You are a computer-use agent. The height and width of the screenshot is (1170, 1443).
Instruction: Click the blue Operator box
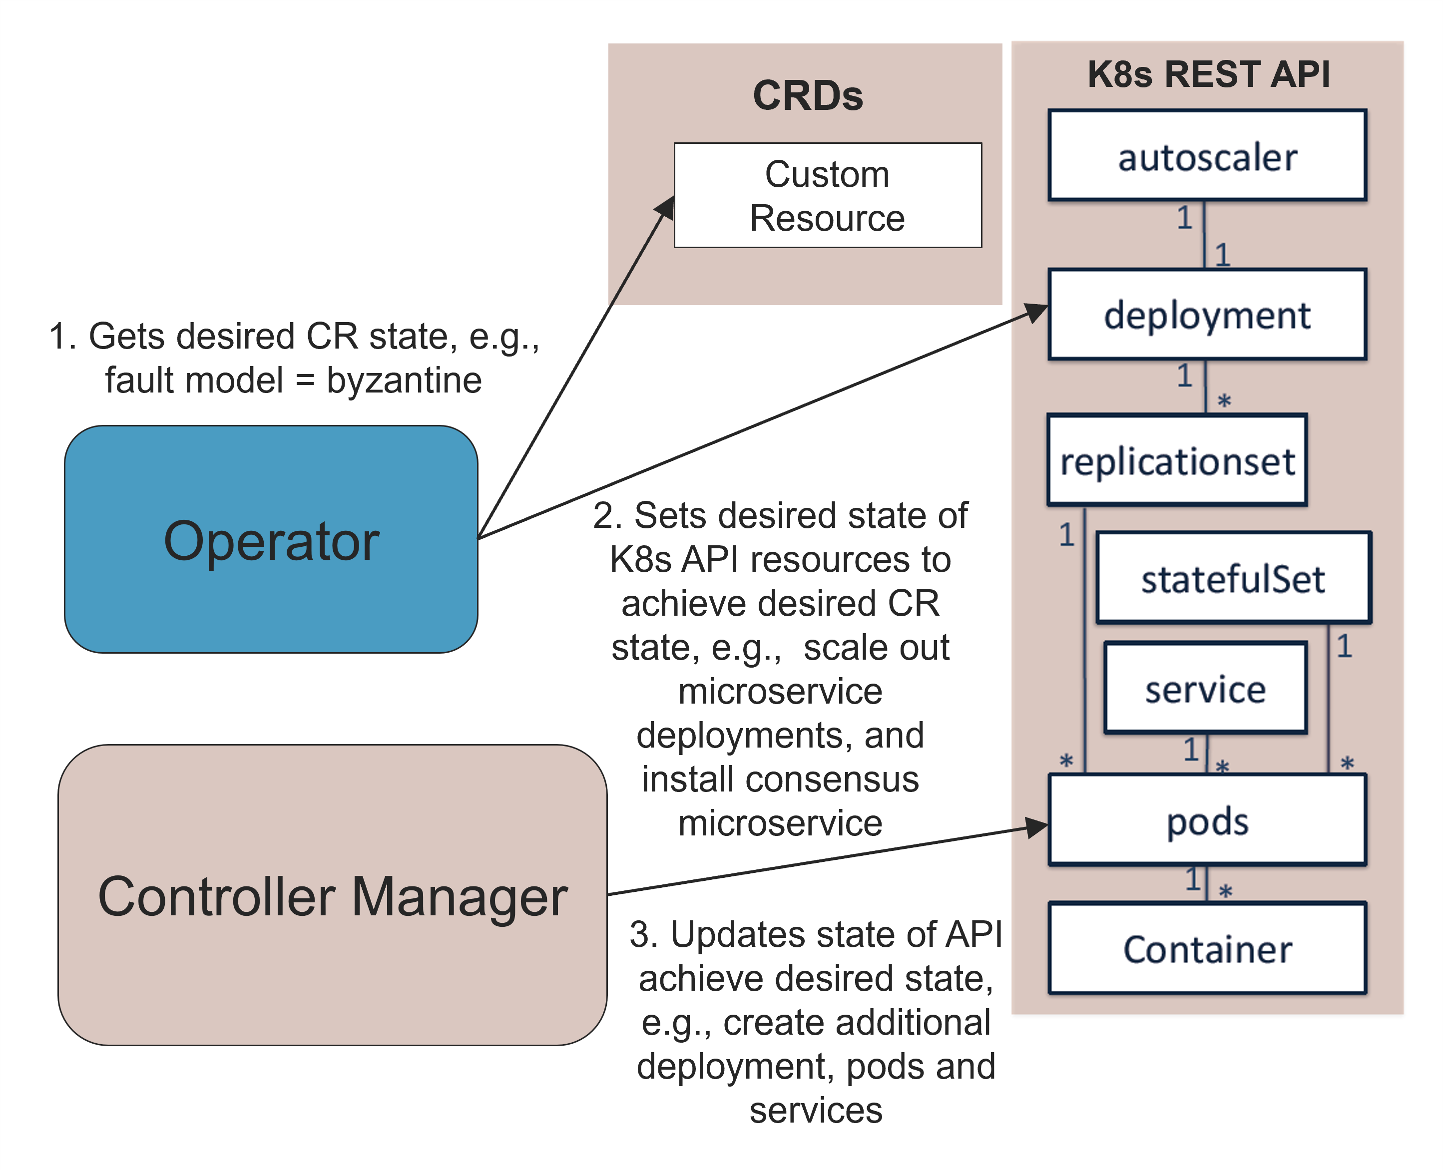coord(271,539)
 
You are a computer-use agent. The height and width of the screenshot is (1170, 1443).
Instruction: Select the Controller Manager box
coord(332,895)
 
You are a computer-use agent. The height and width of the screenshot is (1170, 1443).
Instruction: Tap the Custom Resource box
coord(828,195)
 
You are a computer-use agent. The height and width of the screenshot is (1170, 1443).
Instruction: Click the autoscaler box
coord(1207,155)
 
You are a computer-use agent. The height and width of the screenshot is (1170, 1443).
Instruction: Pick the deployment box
coord(1207,314)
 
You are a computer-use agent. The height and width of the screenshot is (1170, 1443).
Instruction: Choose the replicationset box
coord(1177,459)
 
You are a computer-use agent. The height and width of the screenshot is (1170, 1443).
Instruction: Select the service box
coord(1205,688)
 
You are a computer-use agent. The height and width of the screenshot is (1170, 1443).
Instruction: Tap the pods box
coord(1207,819)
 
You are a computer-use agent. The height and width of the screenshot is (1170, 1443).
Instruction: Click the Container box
coord(1207,948)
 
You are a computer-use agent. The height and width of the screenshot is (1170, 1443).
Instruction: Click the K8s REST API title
coord(1208,73)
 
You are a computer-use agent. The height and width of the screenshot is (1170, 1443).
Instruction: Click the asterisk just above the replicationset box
coord(1224,401)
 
